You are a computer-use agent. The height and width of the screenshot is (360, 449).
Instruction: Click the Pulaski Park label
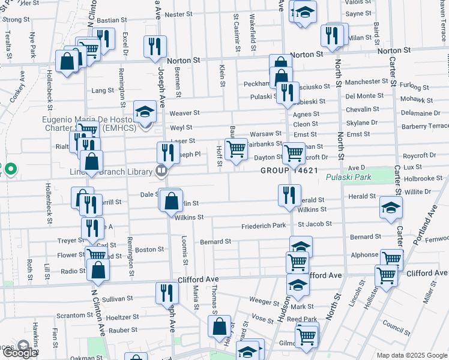(349, 177)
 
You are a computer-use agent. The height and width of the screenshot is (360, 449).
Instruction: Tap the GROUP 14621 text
(289, 171)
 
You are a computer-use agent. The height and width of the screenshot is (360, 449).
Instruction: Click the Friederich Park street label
(264, 226)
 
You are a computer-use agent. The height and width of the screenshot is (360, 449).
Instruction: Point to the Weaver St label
(184, 113)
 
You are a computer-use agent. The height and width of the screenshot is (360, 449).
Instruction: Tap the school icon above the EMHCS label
(144, 112)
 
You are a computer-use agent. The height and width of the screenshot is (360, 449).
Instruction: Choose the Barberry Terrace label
(427, 126)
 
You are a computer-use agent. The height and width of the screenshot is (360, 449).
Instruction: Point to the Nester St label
(178, 14)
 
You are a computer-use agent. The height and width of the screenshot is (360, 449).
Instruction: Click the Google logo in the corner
(19, 353)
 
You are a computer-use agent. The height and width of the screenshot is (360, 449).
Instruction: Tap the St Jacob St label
(315, 224)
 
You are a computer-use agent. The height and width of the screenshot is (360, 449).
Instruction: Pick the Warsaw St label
(266, 133)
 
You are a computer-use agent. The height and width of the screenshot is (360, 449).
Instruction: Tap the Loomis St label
(185, 251)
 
